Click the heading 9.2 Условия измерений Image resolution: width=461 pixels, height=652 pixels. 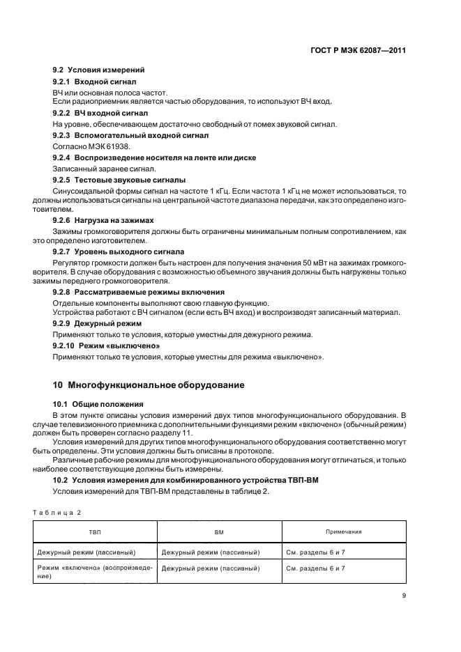click(x=89, y=70)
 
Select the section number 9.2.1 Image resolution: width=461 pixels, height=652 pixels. click(x=65, y=81)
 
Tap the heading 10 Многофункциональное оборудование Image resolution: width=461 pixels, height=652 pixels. click(x=149, y=385)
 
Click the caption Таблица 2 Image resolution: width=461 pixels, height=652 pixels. click(x=57, y=512)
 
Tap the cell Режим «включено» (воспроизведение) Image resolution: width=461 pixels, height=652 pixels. click(x=94, y=573)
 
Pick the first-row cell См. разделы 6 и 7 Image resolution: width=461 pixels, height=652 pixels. click(x=316, y=552)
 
